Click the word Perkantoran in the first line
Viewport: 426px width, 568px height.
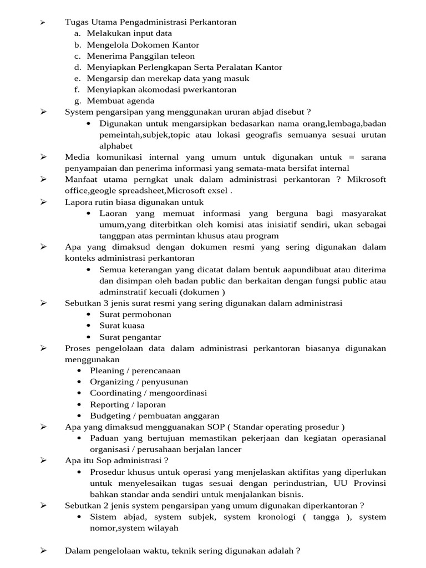tap(214, 22)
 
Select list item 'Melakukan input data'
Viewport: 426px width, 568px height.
tap(129, 33)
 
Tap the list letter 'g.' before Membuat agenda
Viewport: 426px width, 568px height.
tap(77, 101)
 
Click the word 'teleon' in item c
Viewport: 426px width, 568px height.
tap(182, 56)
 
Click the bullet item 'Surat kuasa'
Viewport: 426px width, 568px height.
tap(121, 326)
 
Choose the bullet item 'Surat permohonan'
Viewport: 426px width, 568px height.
tap(135, 315)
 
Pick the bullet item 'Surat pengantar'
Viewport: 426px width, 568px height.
tap(130, 337)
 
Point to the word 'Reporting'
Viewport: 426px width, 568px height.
tap(108, 404)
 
